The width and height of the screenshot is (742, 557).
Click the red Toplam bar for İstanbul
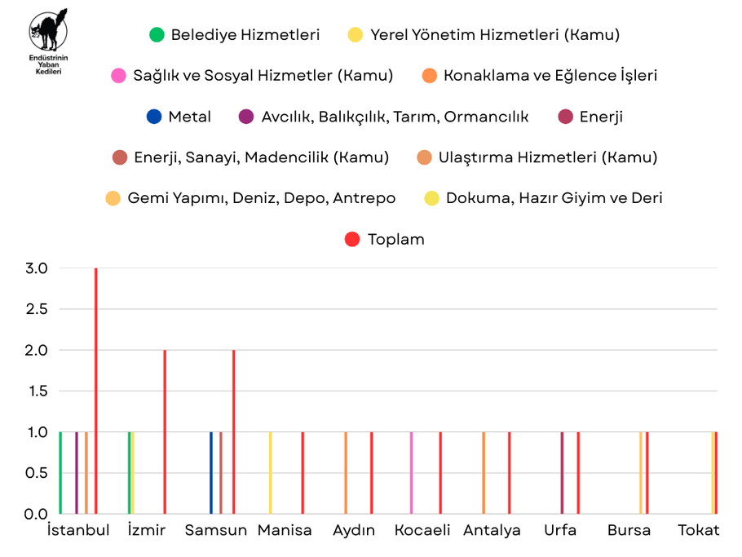click(95, 391)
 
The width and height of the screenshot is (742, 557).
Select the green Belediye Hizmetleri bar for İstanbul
click(60, 473)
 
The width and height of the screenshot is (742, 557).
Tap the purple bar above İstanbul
click(77, 473)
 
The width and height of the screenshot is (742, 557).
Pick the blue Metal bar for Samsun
click(211, 473)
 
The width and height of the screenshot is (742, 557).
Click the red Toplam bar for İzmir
click(165, 432)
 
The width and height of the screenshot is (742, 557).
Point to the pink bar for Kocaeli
click(411, 473)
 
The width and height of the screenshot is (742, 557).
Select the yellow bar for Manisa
click(270, 473)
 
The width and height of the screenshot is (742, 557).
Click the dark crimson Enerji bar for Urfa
click(562, 473)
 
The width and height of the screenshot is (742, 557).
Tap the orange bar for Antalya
click(484, 473)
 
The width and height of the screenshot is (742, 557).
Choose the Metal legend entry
click(179, 117)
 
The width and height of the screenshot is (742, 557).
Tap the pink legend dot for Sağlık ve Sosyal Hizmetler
click(118, 76)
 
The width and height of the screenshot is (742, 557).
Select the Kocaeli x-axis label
click(422, 530)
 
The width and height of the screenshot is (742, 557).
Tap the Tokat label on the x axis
click(699, 530)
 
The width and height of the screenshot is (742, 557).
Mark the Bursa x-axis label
click(629, 530)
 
